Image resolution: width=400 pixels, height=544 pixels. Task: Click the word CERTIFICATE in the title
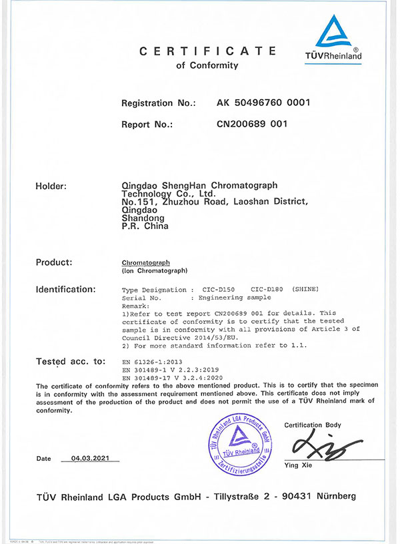pos(207,51)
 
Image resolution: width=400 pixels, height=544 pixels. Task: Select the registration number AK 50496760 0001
pos(264,103)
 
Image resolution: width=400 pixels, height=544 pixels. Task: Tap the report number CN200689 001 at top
pos(252,124)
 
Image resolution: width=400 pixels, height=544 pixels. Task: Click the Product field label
pos(54,263)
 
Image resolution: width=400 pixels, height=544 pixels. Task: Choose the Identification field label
pos(65,290)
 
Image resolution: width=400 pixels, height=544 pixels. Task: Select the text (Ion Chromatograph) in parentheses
pos(155,272)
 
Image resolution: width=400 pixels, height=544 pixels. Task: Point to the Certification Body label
pos(313,425)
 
